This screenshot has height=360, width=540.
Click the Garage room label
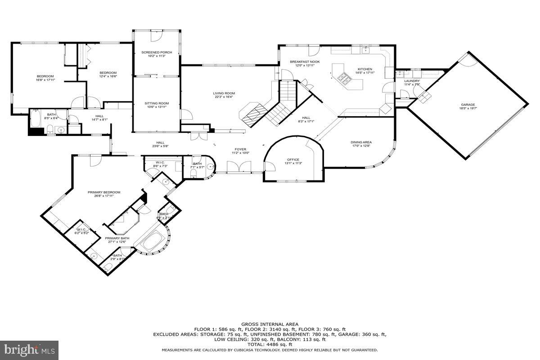coord(467,104)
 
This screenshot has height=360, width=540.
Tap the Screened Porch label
coord(157,52)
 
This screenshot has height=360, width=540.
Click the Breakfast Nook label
coord(305,61)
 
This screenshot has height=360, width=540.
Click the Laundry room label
coord(412,81)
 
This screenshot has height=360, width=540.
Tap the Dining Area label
coord(361,142)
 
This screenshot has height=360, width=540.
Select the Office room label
coord(293,159)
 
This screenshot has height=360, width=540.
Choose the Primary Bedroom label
coord(104,192)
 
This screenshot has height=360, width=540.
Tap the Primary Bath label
coord(117,238)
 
